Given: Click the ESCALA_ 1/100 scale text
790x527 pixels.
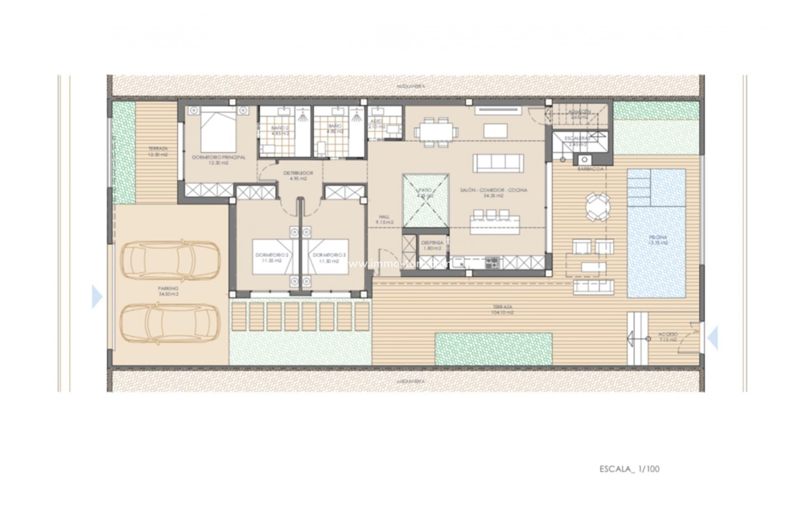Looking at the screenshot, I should point(629,469).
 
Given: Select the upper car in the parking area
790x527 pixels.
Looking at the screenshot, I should point(170,259).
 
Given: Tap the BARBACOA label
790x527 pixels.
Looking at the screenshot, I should point(590,169).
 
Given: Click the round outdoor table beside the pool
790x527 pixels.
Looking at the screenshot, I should point(598,208).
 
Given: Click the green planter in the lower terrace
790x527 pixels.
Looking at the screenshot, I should point(493,349).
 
